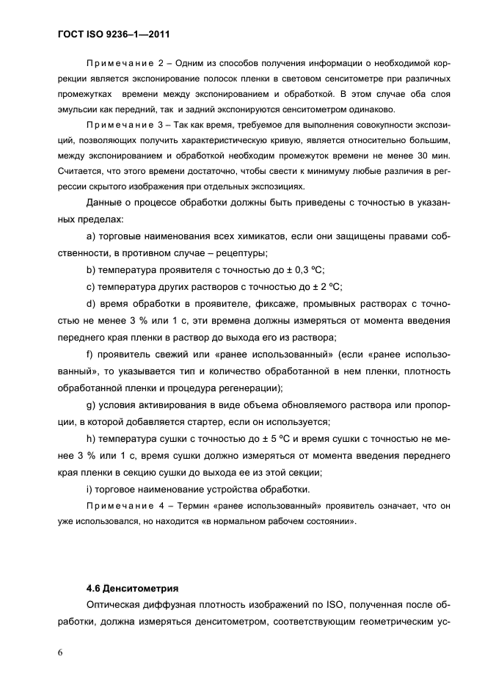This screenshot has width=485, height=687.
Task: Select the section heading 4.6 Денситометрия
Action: click(132, 588)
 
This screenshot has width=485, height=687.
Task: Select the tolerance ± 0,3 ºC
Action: click(307, 269)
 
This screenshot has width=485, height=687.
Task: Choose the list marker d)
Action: click(92, 303)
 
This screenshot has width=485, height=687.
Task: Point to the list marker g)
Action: click(92, 405)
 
